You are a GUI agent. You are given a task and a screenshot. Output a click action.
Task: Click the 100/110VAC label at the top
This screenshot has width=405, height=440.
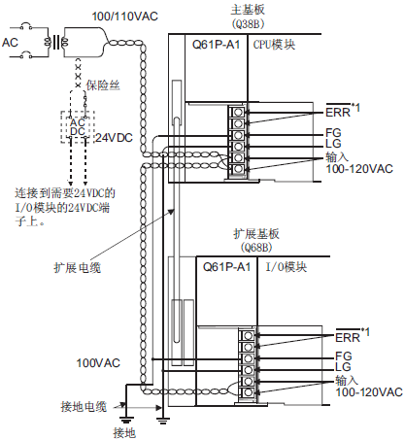[125, 17]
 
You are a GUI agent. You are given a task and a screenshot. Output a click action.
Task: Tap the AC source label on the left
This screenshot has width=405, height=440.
[10, 42]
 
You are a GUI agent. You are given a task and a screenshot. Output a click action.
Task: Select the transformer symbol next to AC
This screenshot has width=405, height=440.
[56, 42]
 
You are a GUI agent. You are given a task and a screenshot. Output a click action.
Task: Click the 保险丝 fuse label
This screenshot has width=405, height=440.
[103, 85]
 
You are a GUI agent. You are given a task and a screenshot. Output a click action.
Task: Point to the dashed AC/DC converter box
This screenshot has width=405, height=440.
[78, 127]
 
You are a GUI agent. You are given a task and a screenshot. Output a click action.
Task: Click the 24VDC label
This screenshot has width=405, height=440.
[115, 138]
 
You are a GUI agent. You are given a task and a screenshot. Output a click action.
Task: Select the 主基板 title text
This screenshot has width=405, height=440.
[248, 10]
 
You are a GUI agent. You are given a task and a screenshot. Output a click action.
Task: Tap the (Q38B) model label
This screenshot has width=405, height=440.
[248, 23]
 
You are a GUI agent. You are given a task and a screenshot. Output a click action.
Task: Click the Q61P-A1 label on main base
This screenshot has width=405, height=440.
[216, 45]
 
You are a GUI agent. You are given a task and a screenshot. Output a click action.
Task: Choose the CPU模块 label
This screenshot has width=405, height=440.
[274, 45]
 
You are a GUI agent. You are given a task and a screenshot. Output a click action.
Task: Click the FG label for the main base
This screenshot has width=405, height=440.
[333, 133]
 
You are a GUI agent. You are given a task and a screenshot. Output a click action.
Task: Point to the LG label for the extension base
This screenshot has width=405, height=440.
[343, 367]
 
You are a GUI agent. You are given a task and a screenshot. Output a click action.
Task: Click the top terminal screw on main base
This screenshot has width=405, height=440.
[238, 112]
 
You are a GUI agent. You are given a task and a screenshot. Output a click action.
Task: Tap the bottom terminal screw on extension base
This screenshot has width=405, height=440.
[248, 392]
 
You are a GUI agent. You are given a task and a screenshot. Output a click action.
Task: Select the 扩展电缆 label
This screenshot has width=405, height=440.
[78, 268]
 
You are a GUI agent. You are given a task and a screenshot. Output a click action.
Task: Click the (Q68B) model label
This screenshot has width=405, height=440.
[256, 248]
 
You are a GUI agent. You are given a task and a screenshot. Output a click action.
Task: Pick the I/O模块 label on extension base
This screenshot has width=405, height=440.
[287, 267]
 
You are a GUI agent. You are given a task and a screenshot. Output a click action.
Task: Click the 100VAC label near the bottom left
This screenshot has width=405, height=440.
[98, 363]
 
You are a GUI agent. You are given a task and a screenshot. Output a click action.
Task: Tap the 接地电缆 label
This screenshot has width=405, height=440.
[84, 406]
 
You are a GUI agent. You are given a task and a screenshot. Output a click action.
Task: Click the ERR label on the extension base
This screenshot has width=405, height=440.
[348, 337]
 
